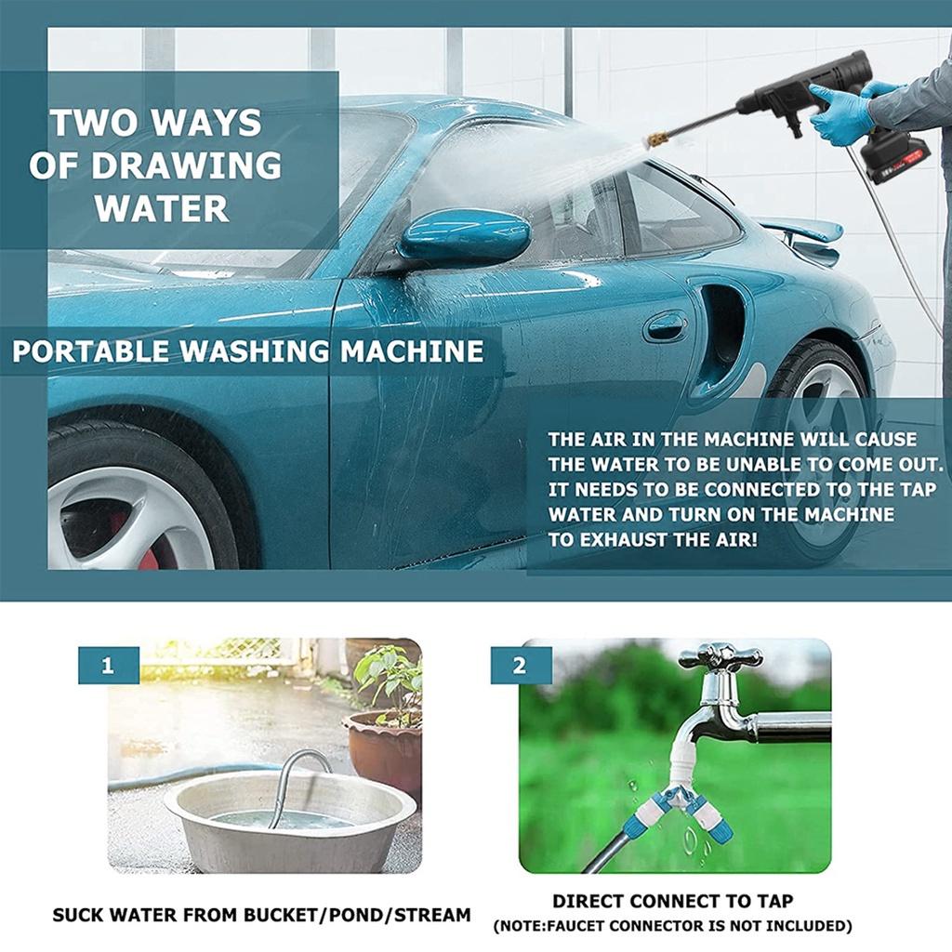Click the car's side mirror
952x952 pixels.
pos(464,235)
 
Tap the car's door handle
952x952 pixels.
pos(666,325)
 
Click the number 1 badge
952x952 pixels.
pos(109,667)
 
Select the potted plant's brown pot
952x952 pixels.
pos(383,747)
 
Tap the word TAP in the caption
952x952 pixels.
pos(773,901)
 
